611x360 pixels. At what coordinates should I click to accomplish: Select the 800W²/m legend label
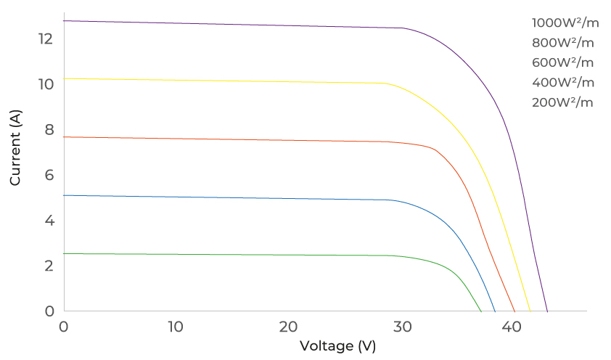click(x=563, y=42)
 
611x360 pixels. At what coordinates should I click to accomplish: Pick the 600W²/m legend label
click(x=563, y=62)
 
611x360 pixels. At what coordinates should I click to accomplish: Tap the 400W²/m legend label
click(x=563, y=82)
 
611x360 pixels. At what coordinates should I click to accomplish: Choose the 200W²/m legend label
click(x=563, y=102)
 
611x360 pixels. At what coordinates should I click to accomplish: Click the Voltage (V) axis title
click(x=337, y=345)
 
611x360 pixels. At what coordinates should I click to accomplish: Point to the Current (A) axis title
click(x=15, y=147)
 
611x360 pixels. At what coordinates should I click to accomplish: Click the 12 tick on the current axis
click(x=46, y=38)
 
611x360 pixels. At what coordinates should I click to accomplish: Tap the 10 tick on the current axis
click(x=46, y=83)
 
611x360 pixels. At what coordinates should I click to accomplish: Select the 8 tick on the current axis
click(x=49, y=129)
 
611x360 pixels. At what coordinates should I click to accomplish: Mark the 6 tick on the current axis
click(x=49, y=174)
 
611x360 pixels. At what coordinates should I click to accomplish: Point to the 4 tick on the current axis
click(x=49, y=220)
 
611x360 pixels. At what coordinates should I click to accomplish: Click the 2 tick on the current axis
click(x=49, y=266)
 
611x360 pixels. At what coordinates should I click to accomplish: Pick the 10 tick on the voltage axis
click(x=176, y=327)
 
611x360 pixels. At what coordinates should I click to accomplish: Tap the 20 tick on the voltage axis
click(x=288, y=327)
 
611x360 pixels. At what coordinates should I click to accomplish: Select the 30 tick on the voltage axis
click(x=400, y=327)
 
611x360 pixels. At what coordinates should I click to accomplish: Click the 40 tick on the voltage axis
click(x=512, y=327)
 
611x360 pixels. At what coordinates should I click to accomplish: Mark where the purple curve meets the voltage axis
click(x=547, y=311)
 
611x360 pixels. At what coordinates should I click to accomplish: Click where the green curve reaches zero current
click(x=481, y=311)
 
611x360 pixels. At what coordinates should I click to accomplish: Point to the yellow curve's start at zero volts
click(x=64, y=78)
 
